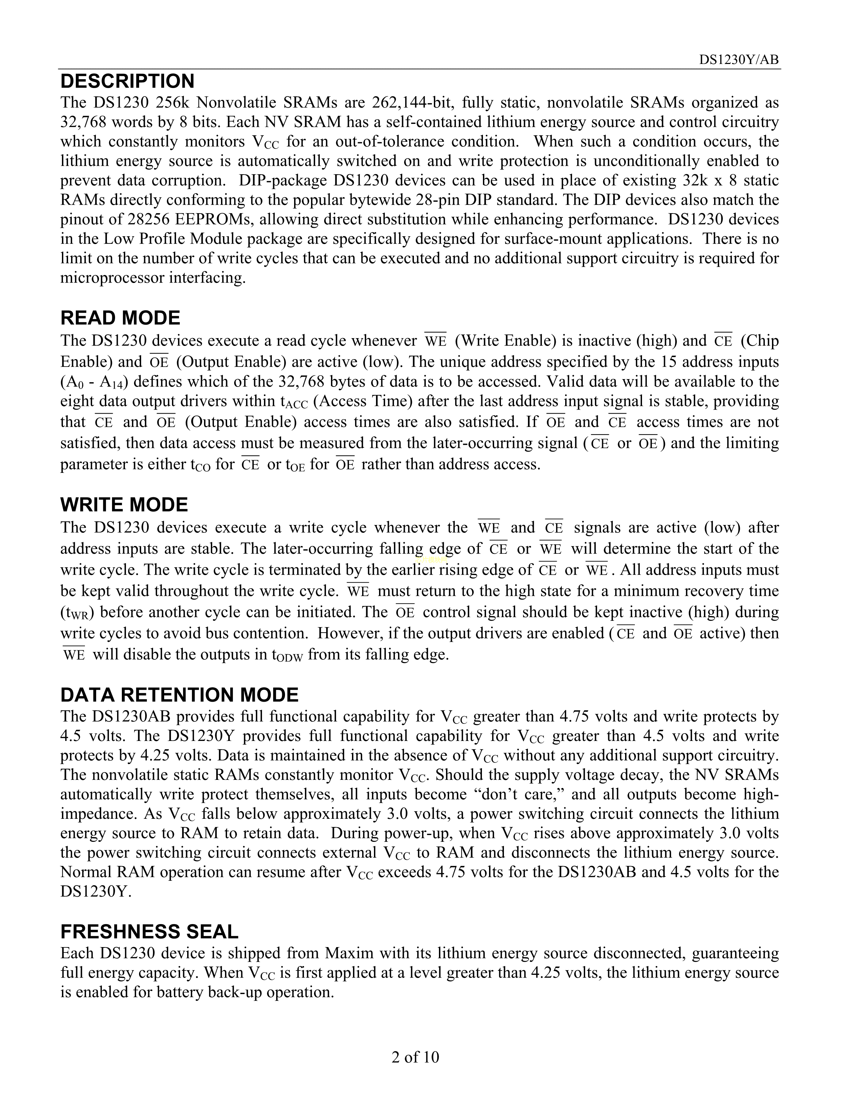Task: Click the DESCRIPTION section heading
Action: [x=127, y=81]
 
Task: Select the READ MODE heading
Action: [x=120, y=318]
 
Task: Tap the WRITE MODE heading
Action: [x=124, y=505]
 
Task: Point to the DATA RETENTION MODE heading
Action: [x=179, y=695]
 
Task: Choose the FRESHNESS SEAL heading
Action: [x=149, y=932]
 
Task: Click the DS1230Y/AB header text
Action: [x=739, y=60]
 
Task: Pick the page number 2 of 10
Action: [x=415, y=1057]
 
